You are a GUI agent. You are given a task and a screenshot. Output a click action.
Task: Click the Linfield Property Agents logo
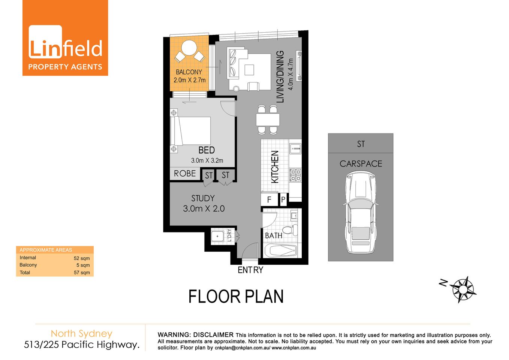pyautogui.click(x=65, y=38)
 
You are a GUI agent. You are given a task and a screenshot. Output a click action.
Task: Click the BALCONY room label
pyautogui.click(x=189, y=72)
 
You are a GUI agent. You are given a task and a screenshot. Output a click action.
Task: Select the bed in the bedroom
pyautogui.click(x=191, y=131)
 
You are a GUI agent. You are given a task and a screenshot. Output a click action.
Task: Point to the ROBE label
pyautogui.click(x=185, y=174)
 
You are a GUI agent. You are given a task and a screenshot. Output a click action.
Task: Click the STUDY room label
pyautogui.click(x=203, y=198)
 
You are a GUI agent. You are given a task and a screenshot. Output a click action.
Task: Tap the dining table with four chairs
pyautogui.click(x=268, y=120)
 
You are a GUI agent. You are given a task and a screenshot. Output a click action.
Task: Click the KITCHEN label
pyautogui.click(x=275, y=167)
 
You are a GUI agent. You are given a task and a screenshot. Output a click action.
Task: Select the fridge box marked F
pyautogui.click(x=269, y=200)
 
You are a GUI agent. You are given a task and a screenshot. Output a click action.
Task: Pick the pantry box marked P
pyautogui.click(x=283, y=200)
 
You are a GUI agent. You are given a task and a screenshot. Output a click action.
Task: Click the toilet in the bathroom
pyautogui.click(x=290, y=229)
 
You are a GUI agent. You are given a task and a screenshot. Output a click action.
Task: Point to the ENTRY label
pyautogui.click(x=250, y=270)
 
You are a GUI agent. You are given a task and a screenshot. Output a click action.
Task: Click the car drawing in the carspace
pyautogui.click(x=360, y=212)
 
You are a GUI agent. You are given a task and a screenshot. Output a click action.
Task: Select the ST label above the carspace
pyautogui.click(x=361, y=144)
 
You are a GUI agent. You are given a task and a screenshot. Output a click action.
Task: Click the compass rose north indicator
pyautogui.click(x=463, y=289)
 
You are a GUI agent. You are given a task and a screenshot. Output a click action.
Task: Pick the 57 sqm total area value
pyautogui.click(x=82, y=273)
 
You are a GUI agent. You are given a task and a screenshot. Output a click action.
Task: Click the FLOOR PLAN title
pyautogui.click(x=236, y=297)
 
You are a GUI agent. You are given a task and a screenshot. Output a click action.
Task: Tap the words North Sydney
pyautogui.click(x=82, y=333)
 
